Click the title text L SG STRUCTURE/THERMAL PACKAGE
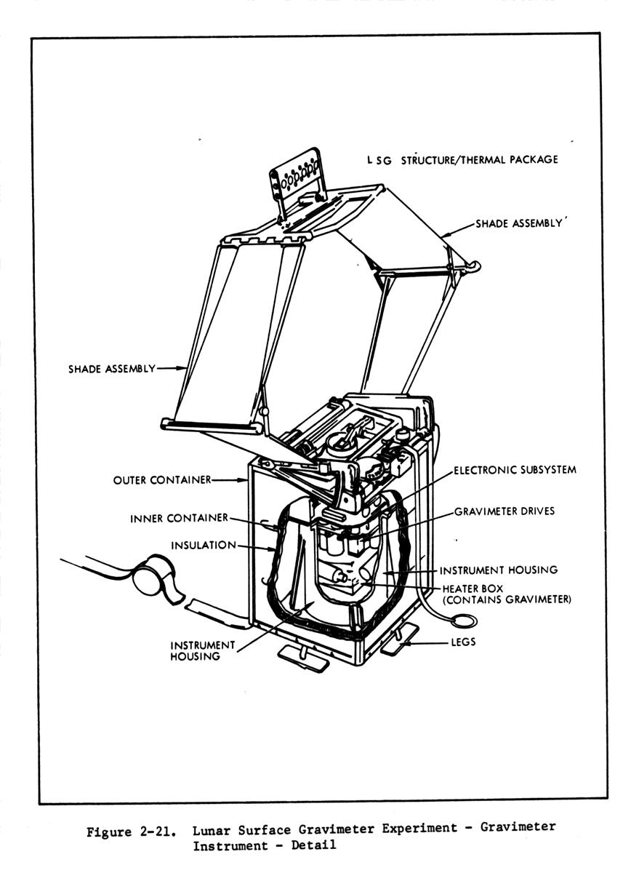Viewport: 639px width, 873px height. pyautogui.click(x=463, y=159)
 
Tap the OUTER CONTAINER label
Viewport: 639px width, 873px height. pyautogui.click(x=161, y=480)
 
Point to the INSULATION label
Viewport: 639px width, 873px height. pyautogui.click(x=204, y=546)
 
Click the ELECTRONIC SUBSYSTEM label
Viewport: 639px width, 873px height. pyautogui.click(x=515, y=470)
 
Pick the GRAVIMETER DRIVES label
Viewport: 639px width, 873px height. pyautogui.click(x=505, y=511)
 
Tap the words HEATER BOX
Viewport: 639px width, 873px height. pyautogui.click(x=473, y=589)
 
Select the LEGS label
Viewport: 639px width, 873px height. pyautogui.click(x=465, y=642)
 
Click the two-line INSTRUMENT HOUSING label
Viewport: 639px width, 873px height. pyautogui.click(x=193, y=650)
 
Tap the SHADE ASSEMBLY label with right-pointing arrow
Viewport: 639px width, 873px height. pyautogui.click(x=112, y=369)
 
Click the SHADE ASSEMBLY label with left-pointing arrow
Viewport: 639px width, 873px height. pyautogui.click(x=519, y=224)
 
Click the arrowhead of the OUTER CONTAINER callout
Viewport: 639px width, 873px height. pyautogui.click(x=245, y=480)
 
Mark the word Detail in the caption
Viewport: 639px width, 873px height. pyautogui.click(x=315, y=846)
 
